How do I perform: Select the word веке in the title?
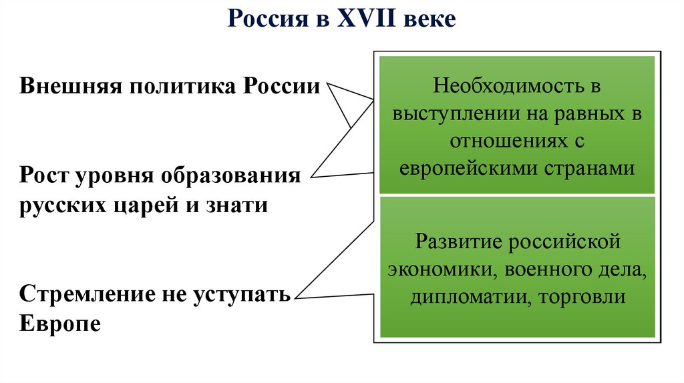pyautogui.click(x=430, y=19)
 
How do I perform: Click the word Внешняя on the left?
pyautogui.click(x=69, y=87)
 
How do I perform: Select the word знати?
pyautogui.click(x=234, y=204)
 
